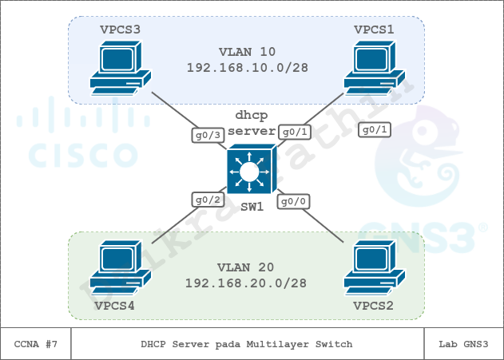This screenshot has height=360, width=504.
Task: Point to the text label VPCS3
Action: tap(120, 30)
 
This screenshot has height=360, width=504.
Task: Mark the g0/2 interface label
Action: tap(206, 200)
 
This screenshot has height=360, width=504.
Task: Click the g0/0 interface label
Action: tap(292, 202)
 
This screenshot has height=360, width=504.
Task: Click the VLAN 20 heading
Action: tap(248, 266)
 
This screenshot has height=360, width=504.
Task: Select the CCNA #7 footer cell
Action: tap(36, 343)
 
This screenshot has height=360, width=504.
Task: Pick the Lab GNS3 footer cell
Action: tap(463, 343)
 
